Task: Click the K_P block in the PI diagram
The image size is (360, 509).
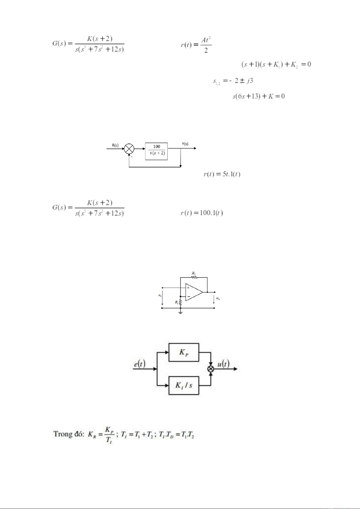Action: tap(184, 352)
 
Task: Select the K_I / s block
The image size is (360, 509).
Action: tap(184, 385)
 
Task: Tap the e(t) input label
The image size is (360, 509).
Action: tap(140, 364)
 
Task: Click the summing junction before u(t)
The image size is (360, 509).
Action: tap(211, 369)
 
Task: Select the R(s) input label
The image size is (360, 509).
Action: tap(115, 145)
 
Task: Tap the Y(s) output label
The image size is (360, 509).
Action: tap(185, 144)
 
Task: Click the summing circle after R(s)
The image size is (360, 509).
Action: tap(129, 149)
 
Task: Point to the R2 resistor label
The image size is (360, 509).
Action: tap(194, 273)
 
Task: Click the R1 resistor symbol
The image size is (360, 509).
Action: tap(180, 302)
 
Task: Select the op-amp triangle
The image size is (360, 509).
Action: tap(193, 292)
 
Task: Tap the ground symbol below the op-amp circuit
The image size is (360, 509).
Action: tap(180, 313)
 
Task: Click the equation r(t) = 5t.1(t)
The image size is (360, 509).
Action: tap(222, 174)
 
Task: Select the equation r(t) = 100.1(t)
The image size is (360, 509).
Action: tap(201, 213)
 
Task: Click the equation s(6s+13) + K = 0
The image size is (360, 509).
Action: tap(258, 96)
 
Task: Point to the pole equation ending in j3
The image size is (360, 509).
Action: tap(233, 81)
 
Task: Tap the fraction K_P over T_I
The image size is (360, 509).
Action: tap(109, 434)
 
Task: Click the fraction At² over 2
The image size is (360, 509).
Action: tap(206, 45)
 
